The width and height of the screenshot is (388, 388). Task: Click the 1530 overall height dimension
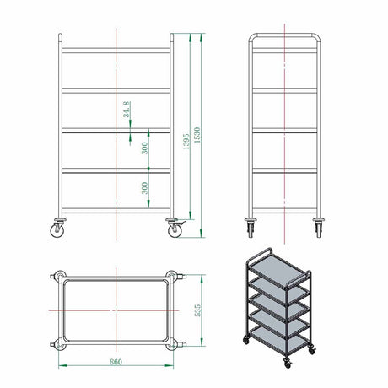point(197,135)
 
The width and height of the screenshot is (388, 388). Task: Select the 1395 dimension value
point(186,142)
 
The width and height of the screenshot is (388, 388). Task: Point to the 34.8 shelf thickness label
point(127,110)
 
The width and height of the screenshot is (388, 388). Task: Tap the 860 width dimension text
point(116,362)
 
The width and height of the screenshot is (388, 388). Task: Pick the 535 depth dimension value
point(198,310)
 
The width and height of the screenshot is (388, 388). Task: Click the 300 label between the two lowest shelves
point(144,188)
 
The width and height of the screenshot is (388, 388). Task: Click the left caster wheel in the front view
point(57,230)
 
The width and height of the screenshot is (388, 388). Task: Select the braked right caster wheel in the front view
point(175,230)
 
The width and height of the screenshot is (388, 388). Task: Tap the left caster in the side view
point(251,228)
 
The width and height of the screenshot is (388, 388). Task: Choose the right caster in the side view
point(319,228)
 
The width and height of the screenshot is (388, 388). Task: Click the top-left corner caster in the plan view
point(59,277)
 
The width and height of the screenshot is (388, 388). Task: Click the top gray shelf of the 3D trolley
point(278,269)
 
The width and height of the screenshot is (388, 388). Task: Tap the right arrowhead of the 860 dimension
point(170,365)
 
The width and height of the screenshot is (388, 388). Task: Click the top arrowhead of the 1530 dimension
point(201,38)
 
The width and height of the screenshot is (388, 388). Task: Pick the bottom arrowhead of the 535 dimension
point(202,342)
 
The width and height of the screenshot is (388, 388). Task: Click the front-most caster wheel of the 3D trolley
point(288,364)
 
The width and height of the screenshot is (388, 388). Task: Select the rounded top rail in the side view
point(285,35)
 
